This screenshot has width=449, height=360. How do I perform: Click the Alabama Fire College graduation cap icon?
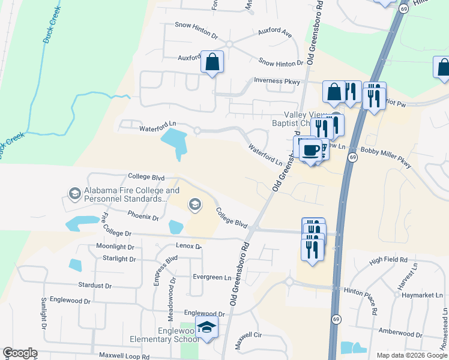75,193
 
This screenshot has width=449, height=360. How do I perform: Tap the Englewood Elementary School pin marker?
207,328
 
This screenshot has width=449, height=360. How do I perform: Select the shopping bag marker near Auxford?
212,62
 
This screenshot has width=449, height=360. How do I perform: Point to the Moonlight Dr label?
115,247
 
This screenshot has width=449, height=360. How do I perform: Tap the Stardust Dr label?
96,286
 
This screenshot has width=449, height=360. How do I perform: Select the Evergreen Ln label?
212,277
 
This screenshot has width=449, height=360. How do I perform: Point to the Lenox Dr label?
188,246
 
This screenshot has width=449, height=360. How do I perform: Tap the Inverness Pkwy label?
277,80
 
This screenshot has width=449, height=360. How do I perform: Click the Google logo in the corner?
20,353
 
